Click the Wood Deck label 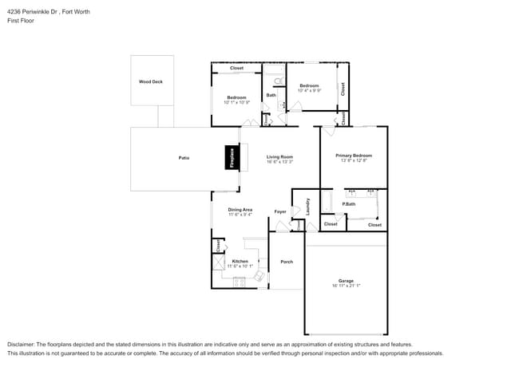151,81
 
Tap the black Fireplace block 232,157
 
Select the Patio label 184,157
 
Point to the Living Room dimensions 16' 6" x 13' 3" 279,162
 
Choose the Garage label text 346,281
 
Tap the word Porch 287,262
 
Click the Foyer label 280,211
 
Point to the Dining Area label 240,209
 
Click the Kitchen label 240,261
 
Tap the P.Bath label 348,204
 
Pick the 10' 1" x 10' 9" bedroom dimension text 236,102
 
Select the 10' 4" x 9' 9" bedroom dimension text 310,90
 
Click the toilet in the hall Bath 277,81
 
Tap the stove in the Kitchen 239,282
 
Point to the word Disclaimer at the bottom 23,344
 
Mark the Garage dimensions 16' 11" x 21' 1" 346,286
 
